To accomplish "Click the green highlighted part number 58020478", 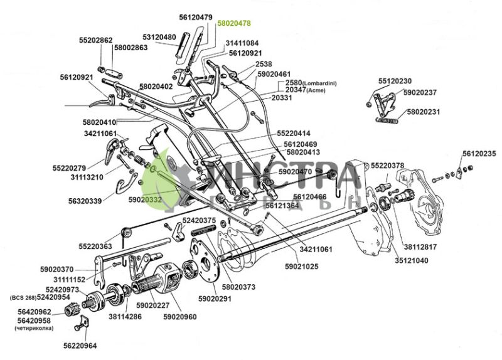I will pos(233,23).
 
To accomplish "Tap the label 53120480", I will pos(159,37).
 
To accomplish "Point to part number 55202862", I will pos(95,40).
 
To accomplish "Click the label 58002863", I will pos(131,48).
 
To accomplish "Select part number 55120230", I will pos(395,82).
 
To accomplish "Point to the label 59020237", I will pos(420,93).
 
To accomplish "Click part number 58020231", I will pos(424,112).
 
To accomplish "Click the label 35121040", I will pos(411,260).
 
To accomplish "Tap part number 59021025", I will pos(302,267).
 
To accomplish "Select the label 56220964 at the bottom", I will pos(80,345).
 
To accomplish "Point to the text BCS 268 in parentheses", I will pos(22,297).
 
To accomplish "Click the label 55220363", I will pos(95,246).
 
